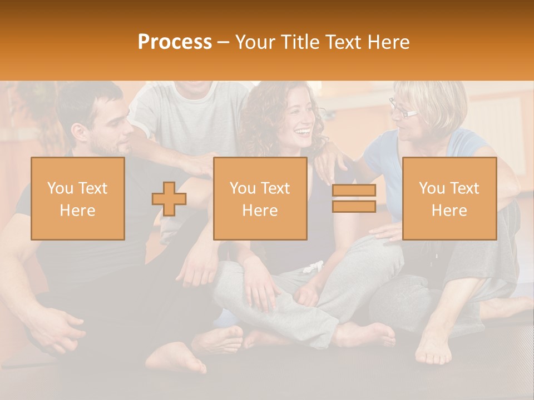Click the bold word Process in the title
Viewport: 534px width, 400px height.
[175, 42]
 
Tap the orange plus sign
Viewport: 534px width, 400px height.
[169, 199]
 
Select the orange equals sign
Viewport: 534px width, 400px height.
[354, 198]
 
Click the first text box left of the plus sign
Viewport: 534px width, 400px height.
[78, 199]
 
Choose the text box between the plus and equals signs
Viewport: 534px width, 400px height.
[260, 199]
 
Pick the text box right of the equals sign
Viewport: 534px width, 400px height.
[449, 199]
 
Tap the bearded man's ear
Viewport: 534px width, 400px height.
[78, 132]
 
